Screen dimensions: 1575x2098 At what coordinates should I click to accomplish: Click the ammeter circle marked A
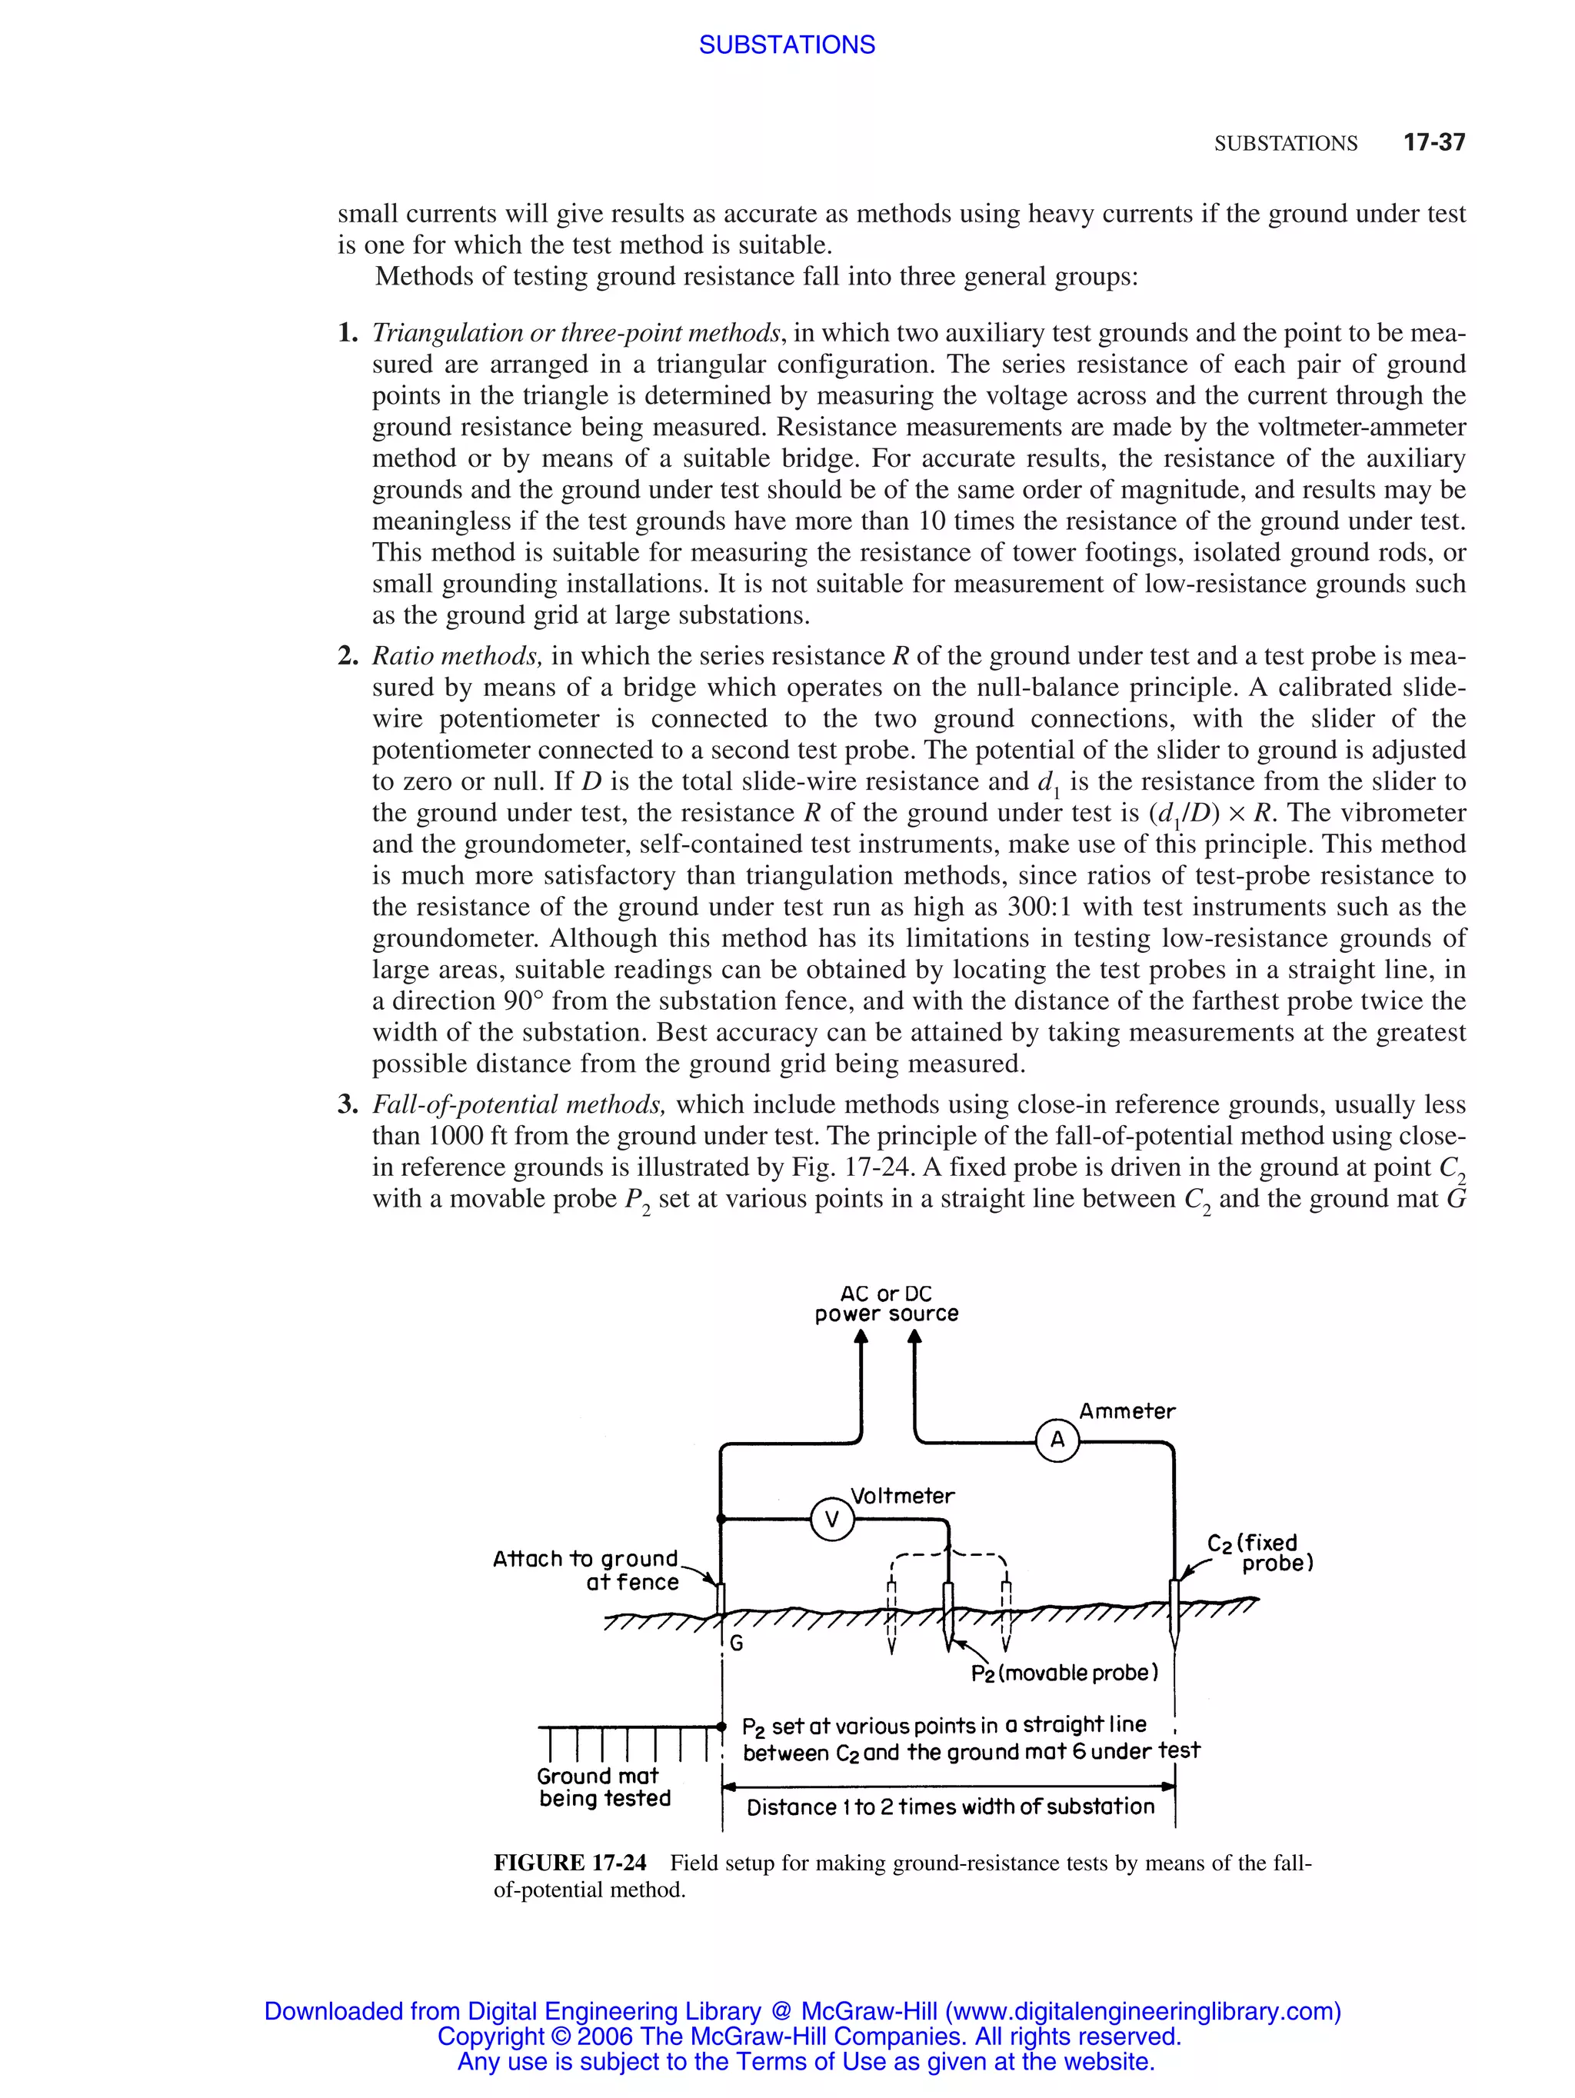(1057, 1440)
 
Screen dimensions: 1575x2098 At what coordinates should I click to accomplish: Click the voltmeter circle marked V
(831, 1520)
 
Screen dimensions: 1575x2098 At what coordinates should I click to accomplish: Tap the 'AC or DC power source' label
(886, 1304)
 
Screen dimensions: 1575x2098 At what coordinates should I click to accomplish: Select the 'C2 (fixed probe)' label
(1259, 1553)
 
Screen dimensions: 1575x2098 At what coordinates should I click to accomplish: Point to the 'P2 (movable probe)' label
(1064, 1673)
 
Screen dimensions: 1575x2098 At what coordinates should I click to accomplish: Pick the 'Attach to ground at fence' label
(585, 1570)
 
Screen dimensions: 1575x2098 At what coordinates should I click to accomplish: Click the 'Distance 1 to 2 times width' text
(950, 1807)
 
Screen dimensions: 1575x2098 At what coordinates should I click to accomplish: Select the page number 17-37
(1433, 142)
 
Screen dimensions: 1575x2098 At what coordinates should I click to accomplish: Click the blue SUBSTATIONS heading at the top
(786, 45)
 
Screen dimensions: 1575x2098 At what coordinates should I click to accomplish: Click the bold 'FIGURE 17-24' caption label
(570, 1862)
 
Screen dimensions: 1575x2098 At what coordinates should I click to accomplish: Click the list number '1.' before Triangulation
(348, 333)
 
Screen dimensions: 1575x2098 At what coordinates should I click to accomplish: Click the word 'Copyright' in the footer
(490, 2036)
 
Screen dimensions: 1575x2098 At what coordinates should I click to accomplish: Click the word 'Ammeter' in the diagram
(1127, 1410)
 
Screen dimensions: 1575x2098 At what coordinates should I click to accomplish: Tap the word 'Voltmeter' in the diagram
(902, 1496)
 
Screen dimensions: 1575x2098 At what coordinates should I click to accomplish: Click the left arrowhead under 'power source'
(861, 1337)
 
